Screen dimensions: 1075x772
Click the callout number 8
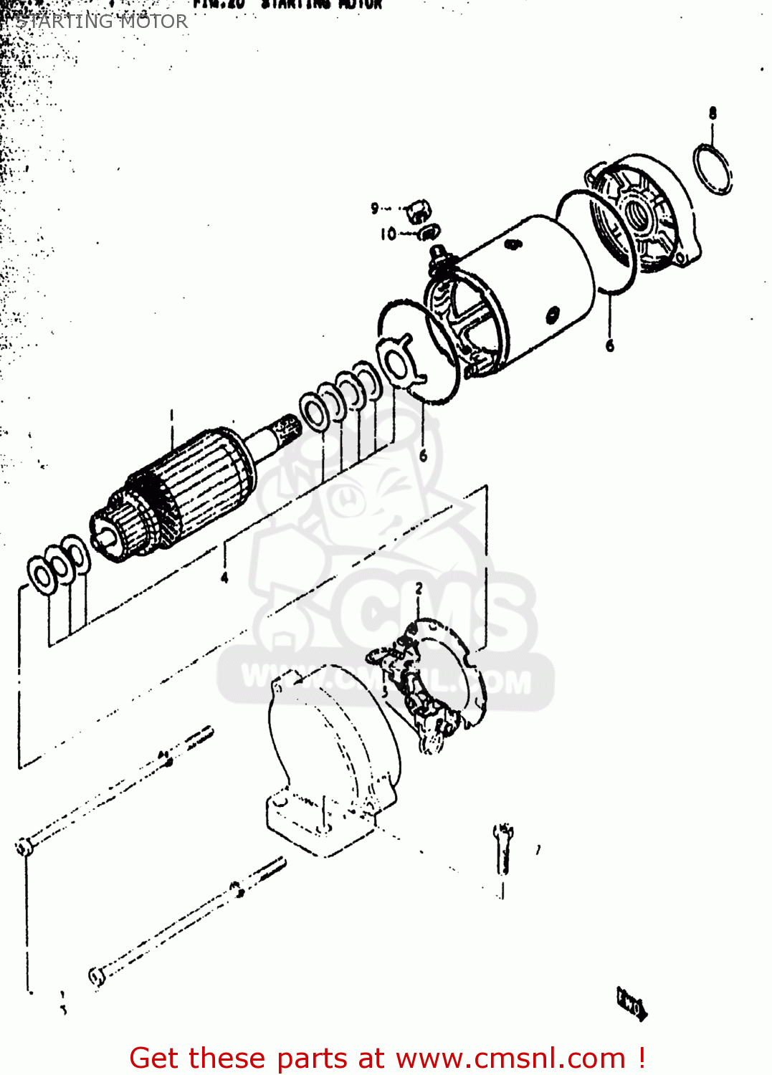pyautogui.click(x=712, y=113)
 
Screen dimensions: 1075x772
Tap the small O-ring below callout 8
pyautogui.click(x=713, y=169)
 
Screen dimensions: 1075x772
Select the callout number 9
pyautogui.click(x=374, y=209)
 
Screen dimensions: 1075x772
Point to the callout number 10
pyautogui.click(x=388, y=234)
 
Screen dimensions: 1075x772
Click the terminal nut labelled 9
pyautogui.click(x=418, y=211)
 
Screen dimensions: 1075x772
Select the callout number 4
pyautogui.click(x=224, y=578)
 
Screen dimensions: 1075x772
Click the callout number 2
pyautogui.click(x=419, y=589)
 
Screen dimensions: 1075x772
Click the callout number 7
pyautogui.click(x=538, y=850)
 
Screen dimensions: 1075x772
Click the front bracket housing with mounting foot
pyautogui.click(x=330, y=760)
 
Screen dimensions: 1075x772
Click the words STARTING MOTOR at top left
pyautogui.click(x=102, y=21)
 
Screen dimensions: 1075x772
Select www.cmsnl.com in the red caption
pyautogui.click(x=510, y=1058)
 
